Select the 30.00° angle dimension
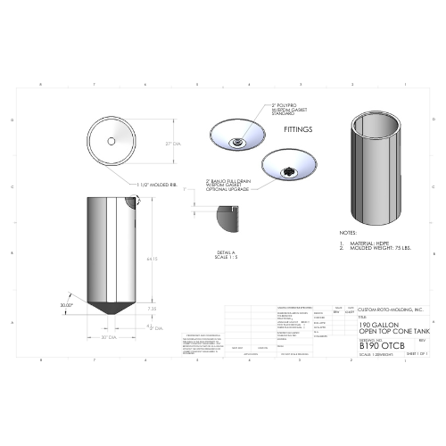click(66, 304)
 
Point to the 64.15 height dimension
click(153, 259)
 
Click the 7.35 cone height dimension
click(152, 309)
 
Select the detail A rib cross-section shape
click(225, 216)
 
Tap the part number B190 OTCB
click(356, 345)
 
